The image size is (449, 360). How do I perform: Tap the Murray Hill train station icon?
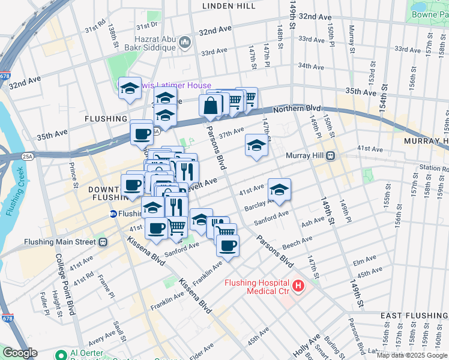click(330, 155)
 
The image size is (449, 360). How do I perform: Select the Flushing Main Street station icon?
click(103, 242)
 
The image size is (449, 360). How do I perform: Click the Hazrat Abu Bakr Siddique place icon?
click(184, 43)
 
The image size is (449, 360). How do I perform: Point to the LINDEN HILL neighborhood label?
click(229, 5)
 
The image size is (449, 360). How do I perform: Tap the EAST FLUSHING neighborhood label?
click(415, 316)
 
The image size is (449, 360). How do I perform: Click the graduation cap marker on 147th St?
click(256, 146)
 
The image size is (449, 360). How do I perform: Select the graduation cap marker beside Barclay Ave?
click(279, 190)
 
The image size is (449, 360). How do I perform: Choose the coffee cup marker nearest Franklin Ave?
click(228, 245)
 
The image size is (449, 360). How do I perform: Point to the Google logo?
click(19, 353)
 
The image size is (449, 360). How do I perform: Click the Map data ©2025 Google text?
click(411, 355)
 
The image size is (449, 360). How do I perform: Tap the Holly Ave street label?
click(301, 347)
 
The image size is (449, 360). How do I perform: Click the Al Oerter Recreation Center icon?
click(60, 355)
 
